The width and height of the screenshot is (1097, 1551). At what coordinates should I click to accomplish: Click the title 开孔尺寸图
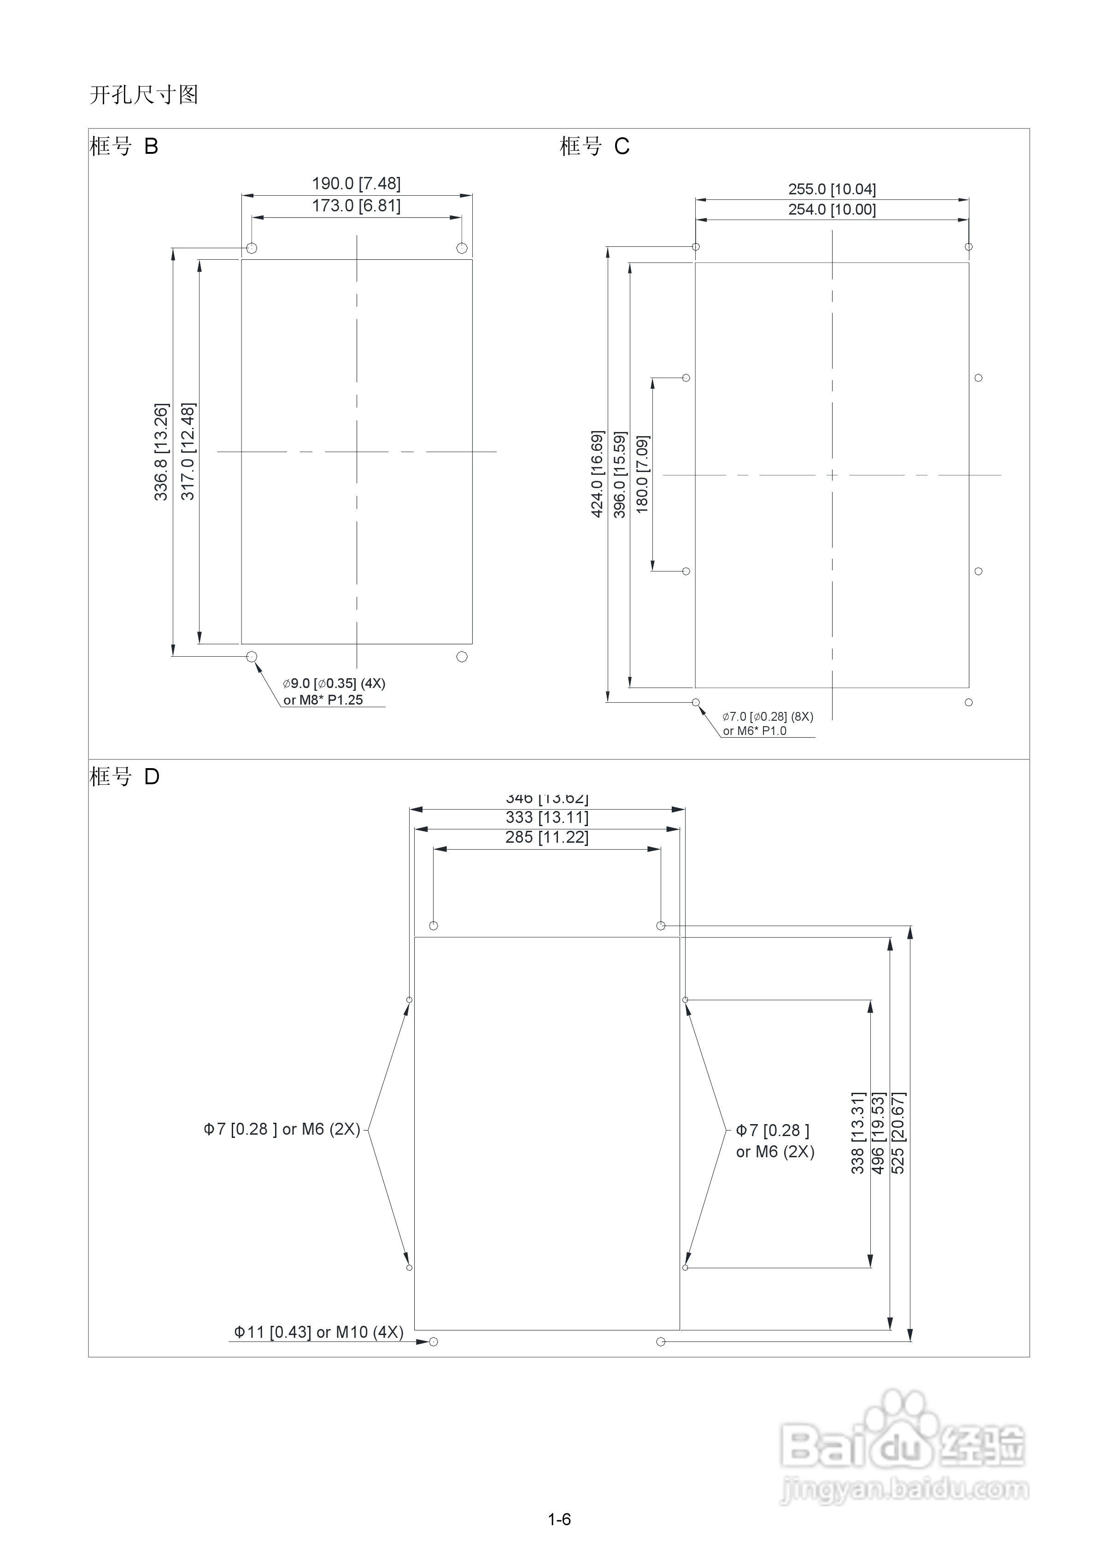pyautogui.click(x=143, y=94)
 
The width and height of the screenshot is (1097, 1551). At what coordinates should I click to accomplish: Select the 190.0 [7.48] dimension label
pyautogui.click(x=356, y=184)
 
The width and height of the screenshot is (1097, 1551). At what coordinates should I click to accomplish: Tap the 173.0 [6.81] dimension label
pyautogui.click(x=356, y=205)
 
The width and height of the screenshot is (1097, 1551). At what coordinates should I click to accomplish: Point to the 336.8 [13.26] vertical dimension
pyautogui.click(x=161, y=452)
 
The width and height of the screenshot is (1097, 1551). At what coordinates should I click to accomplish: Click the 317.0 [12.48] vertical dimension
pyautogui.click(x=188, y=451)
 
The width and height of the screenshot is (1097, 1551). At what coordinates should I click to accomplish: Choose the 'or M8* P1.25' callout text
pyautogui.click(x=323, y=700)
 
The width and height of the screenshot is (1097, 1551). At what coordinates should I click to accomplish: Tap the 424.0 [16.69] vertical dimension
pyautogui.click(x=598, y=474)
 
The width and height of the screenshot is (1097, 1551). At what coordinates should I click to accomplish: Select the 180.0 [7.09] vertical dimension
pyautogui.click(x=642, y=474)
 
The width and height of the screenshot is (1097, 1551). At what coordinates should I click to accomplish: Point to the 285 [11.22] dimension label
pyautogui.click(x=547, y=838)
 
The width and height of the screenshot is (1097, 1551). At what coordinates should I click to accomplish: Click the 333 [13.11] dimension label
pyautogui.click(x=547, y=817)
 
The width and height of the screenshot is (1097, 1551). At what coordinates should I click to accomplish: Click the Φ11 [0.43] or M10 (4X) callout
pyautogui.click(x=318, y=1332)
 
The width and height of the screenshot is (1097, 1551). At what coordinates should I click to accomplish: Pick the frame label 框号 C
pyautogui.click(x=594, y=146)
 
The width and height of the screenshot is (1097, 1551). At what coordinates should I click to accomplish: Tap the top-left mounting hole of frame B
pyautogui.click(x=252, y=248)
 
